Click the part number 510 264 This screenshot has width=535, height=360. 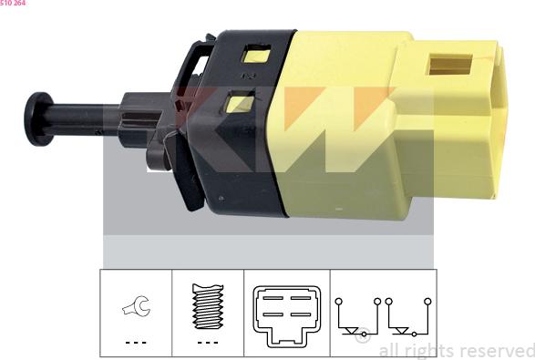[13, 4]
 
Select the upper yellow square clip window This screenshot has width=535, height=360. [253, 55]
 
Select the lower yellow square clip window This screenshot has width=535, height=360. [239, 103]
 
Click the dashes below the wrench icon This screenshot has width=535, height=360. [134, 343]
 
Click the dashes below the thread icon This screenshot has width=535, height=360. [209, 343]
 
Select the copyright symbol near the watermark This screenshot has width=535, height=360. [362, 338]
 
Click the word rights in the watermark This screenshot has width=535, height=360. [428, 351]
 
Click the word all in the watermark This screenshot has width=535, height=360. [387, 351]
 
